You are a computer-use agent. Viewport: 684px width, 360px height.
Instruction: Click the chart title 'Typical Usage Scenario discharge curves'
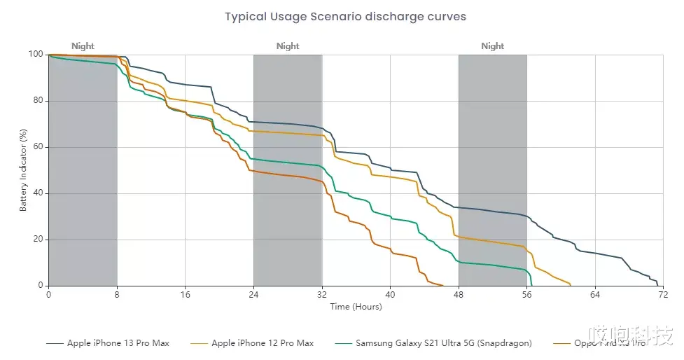click(x=345, y=16)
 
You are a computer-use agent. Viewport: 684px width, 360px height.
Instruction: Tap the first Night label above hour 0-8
click(x=83, y=46)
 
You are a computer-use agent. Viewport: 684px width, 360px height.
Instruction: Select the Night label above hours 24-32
click(x=288, y=46)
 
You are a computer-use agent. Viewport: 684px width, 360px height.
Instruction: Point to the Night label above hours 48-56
click(x=493, y=46)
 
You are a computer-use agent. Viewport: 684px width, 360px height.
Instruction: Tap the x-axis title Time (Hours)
click(x=356, y=306)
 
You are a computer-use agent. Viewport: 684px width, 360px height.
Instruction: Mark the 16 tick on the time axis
click(x=185, y=295)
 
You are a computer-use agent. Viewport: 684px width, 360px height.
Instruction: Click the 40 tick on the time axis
click(x=390, y=295)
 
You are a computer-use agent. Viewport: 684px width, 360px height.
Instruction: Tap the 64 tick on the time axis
click(x=595, y=295)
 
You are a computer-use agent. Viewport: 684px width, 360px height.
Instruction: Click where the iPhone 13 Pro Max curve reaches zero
click(x=658, y=285)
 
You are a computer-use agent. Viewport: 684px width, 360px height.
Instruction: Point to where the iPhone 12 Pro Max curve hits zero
click(x=571, y=285)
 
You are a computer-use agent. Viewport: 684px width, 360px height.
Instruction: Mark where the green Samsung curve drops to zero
click(x=532, y=285)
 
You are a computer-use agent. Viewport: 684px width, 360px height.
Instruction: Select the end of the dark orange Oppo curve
click(x=442, y=285)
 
